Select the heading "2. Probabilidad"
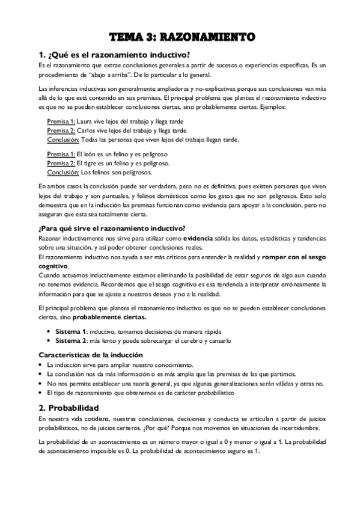pyautogui.click(x=72, y=407)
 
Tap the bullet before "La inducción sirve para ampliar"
pyautogui.click(x=39, y=365)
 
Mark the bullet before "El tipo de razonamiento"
pyautogui.click(x=39, y=393)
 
